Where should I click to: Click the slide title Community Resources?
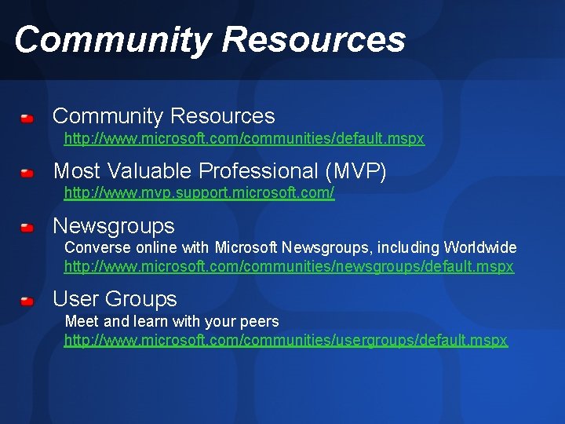tap(210, 39)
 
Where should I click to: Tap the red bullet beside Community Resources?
tap(27, 119)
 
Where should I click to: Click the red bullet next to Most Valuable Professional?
tap(27, 172)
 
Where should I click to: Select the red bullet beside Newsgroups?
tap(27, 228)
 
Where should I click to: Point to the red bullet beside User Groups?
tap(27, 301)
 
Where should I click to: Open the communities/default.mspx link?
tap(244, 139)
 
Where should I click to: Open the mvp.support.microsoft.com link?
tap(199, 193)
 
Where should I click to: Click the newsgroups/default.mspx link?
tap(289, 267)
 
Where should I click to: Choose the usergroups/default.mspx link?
tap(286, 341)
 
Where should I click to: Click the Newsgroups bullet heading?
tap(114, 227)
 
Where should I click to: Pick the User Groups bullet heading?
tap(115, 299)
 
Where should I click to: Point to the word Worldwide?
tap(479, 248)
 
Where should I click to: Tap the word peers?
tap(259, 322)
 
